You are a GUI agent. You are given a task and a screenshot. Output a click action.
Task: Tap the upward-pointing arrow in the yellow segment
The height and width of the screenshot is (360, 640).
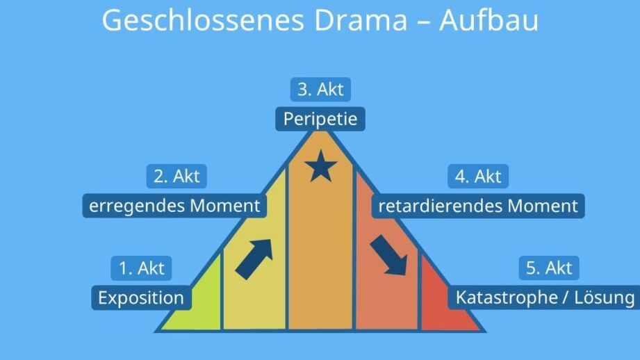click(254, 258)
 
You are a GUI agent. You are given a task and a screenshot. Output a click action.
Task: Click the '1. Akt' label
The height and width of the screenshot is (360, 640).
click(141, 268)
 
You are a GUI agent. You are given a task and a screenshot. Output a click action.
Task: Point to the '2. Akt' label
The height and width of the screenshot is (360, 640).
click(177, 177)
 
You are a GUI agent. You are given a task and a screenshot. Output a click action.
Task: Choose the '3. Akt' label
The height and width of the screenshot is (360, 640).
click(320, 90)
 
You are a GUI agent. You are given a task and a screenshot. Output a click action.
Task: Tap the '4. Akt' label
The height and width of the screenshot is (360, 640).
click(478, 177)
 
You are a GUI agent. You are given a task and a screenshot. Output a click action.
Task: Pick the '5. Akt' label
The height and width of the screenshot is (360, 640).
click(549, 268)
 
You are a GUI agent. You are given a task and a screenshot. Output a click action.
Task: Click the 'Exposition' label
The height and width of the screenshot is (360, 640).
click(141, 298)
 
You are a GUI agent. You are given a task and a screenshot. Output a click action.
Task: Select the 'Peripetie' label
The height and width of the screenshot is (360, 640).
click(320, 119)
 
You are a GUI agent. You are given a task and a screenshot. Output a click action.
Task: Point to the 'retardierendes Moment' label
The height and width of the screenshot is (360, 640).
click(478, 206)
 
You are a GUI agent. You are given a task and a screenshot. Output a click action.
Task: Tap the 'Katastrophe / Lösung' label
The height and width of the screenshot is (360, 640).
click(545, 298)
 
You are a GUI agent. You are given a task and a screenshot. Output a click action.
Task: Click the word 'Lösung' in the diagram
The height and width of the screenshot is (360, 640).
click(607, 298)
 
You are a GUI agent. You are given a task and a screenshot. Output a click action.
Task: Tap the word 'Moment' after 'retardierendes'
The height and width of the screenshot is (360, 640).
click(545, 206)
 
